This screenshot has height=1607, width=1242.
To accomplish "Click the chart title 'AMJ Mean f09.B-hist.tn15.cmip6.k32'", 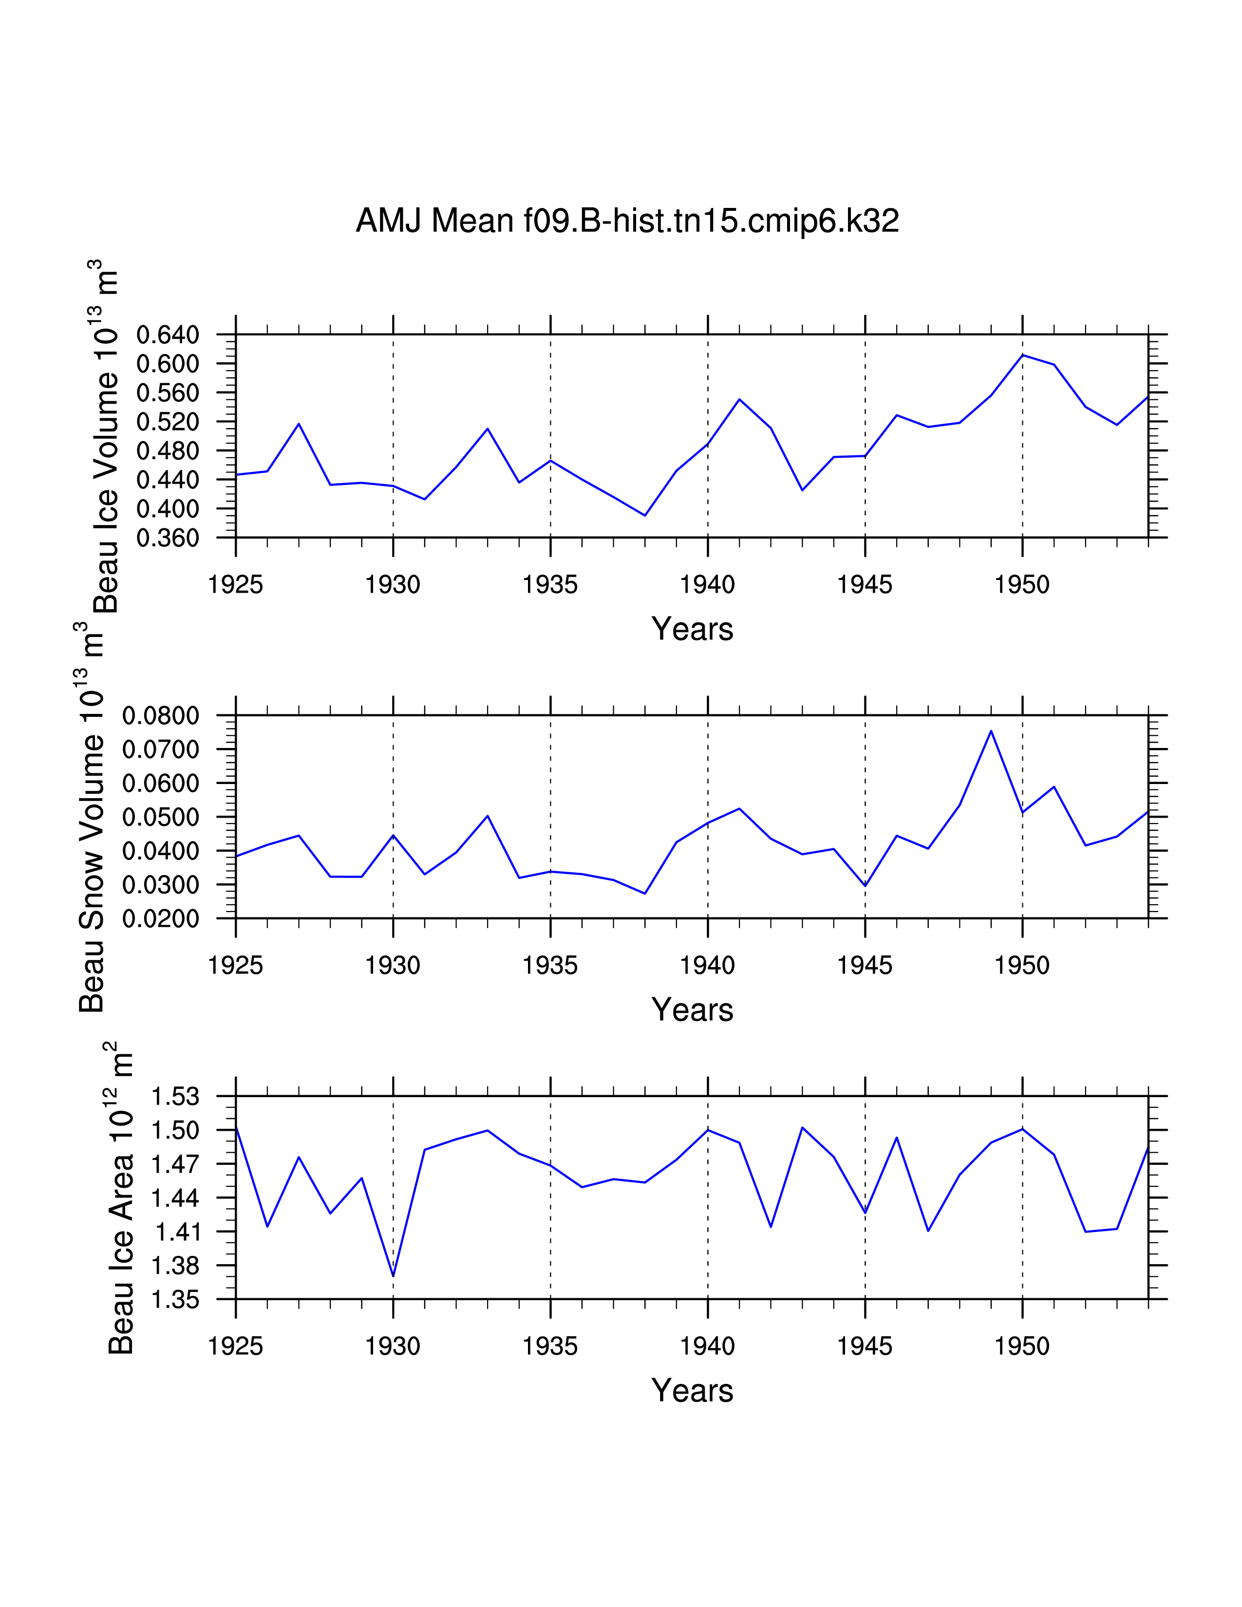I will (x=627, y=221).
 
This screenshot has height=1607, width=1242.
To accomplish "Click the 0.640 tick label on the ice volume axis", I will (x=168, y=335).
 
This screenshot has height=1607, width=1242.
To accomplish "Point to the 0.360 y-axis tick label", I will (x=168, y=538).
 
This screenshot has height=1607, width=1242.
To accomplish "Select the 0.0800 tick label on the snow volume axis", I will (x=160, y=715).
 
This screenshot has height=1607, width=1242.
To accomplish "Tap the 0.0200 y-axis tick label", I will (x=160, y=919).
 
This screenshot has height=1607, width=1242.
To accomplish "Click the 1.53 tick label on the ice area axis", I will (x=175, y=1096).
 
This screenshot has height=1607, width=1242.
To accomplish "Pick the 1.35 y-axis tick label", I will (x=175, y=1299).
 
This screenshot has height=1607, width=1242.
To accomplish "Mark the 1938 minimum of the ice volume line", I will (x=644, y=515).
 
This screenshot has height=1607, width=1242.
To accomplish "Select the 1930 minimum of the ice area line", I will (x=394, y=1276).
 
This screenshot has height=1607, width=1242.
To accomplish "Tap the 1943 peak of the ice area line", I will (x=802, y=1127).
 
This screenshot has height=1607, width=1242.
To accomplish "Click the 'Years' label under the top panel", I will (x=692, y=630).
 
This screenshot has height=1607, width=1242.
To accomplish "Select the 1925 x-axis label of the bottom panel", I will (x=235, y=1346).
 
